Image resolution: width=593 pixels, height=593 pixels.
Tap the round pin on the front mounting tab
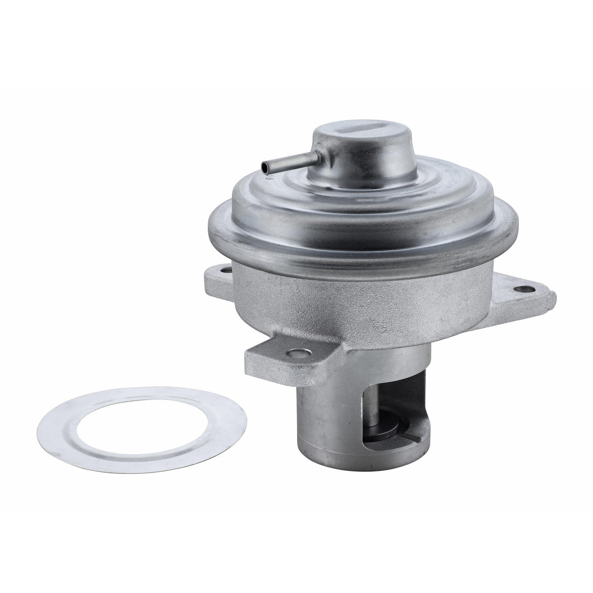[294, 352]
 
